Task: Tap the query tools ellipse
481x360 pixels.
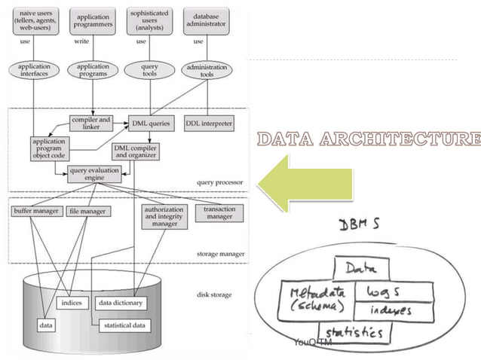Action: coord(149,70)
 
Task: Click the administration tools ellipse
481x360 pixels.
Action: coord(207,70)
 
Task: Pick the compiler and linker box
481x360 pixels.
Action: coord(90,122)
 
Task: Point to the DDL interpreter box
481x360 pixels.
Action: coord(209,121)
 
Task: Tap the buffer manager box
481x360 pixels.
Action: coord(35,212)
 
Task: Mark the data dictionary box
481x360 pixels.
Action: coord(121,303)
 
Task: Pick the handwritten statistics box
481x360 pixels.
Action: coord(352,331)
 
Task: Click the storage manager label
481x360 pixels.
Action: coord(219,255)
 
